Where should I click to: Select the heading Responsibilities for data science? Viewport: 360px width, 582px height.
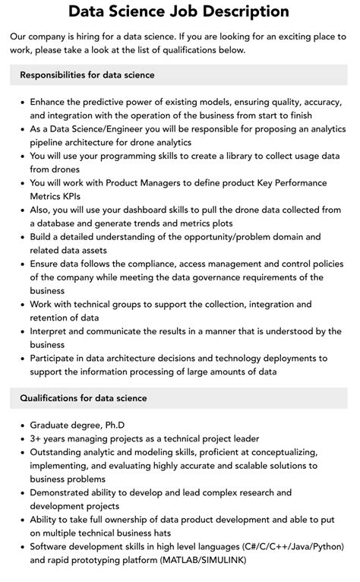tap(87, 74)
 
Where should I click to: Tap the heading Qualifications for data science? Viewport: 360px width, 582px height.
tap(84, 397)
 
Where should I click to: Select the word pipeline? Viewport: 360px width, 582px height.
tap(51, 142)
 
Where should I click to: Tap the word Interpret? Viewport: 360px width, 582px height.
tap(51, 331)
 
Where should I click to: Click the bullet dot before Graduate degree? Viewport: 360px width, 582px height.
tap(23, 425)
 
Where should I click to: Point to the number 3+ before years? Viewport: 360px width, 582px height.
tap(36, 438)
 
